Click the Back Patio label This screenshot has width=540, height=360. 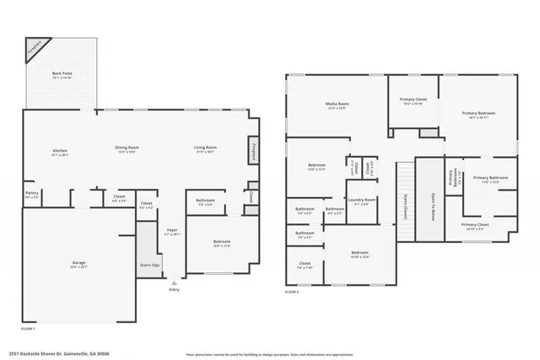(62, 75)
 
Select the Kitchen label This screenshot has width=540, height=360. (59, 151)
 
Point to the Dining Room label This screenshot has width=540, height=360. (127, 148)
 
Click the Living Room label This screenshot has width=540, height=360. (206, 148)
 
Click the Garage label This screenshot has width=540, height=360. (78, 264)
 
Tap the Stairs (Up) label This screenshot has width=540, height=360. (148, 264)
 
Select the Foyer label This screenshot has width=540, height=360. (172, 230)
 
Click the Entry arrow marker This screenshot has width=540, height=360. (174, 282)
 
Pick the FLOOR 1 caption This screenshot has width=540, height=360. (29, 327)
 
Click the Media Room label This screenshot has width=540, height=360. (337, 105)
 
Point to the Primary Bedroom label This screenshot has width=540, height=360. (478, 113)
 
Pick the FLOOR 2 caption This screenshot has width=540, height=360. (292, 291)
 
